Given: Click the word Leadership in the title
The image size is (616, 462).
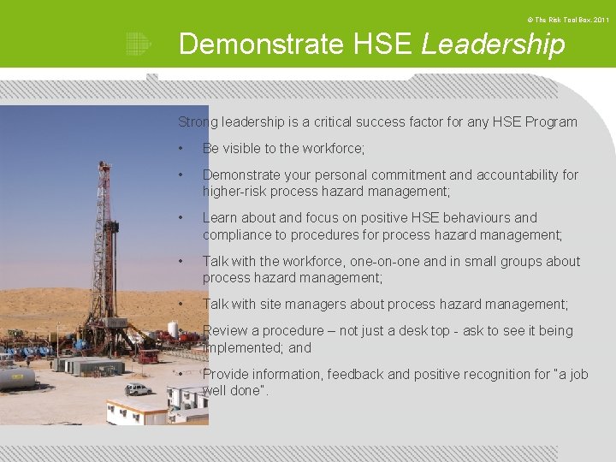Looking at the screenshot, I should pos(493,44).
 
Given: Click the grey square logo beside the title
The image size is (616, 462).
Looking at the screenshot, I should pos(138,44).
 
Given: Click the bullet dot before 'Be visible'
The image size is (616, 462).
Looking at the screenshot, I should pos(181,149).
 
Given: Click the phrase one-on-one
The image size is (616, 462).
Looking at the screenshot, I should pos(381,261).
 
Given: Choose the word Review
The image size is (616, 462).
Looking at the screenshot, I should pos(225,330).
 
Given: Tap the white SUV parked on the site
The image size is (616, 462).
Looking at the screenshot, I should pos(138,389).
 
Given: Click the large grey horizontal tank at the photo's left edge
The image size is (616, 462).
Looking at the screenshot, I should pos(16,376).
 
